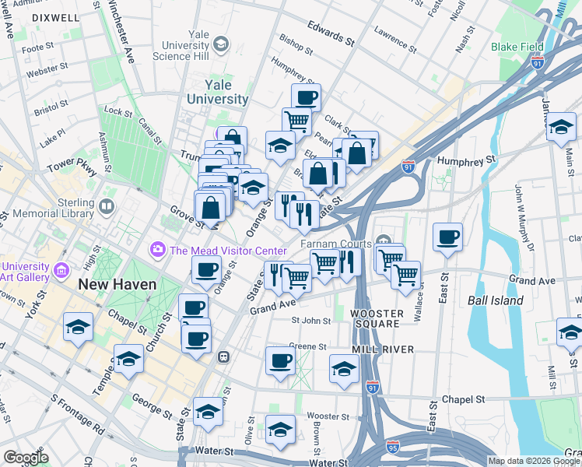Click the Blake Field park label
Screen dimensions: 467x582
[x=517, y=47]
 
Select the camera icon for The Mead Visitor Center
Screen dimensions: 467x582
[x=158, y=250]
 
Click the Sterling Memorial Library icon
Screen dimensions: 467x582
[x=107, y=207]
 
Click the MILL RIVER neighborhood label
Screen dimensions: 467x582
[x=382, y=349]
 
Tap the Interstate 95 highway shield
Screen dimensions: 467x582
[x=394, y=448]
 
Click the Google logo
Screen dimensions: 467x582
[x=26, y=458]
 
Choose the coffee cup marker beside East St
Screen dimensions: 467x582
[x=447, y=237]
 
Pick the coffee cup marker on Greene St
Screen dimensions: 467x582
[x=280, y=360]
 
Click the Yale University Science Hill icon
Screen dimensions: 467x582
[x=222, y=43]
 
